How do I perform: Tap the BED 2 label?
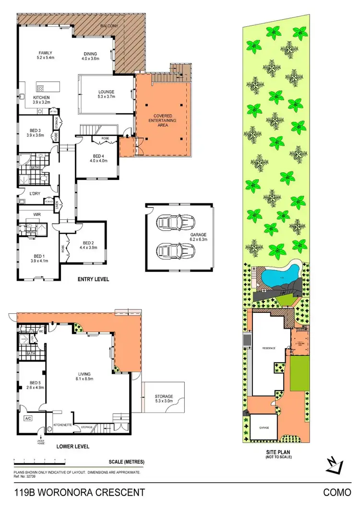click(88, 245)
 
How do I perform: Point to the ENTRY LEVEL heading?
click(94, 279)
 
